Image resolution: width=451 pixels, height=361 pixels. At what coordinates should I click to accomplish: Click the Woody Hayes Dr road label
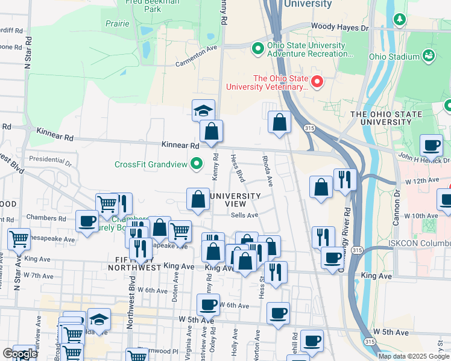point(339,28)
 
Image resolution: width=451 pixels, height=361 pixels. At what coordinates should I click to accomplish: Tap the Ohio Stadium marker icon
point(429,57)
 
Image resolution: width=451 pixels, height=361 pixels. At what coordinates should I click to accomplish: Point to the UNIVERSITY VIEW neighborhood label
point(235,200)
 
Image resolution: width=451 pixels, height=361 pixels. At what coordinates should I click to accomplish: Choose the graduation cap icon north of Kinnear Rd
point(204,110)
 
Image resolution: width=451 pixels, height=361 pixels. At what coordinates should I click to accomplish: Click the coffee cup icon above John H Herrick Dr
point(432,145)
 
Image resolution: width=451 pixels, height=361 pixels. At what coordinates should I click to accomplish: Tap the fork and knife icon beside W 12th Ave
point(344,180)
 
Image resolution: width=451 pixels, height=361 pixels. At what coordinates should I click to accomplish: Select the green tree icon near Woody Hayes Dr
point(399,20)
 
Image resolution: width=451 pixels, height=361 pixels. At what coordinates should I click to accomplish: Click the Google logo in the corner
point(20,354)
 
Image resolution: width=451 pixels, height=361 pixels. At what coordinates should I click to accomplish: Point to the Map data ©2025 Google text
point(413,356)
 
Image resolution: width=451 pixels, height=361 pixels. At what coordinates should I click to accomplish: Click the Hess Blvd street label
point(238,167)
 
